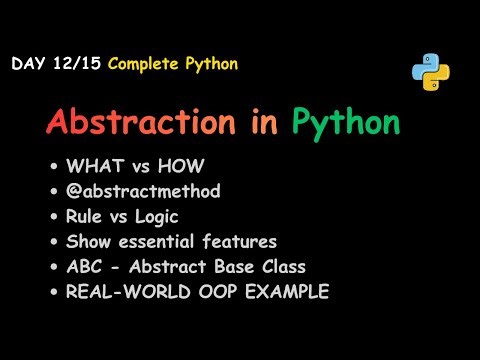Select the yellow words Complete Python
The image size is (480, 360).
click(x=173, y=65)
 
